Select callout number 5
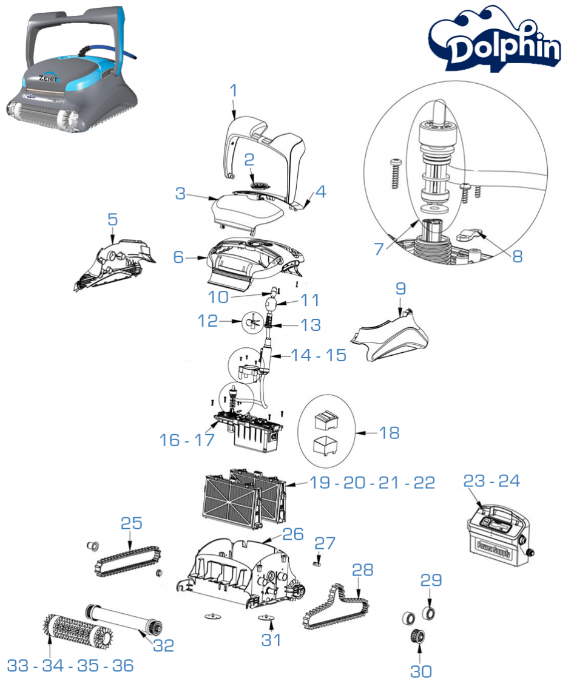pyautogui.click(x=112, y=219)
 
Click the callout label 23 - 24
pyautogui.click(x=491, y=480)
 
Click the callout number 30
pyautogui.click(x=421, y=671)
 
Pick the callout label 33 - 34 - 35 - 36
pyautogui.click(x=70, y=665)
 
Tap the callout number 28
pyautogui.click(x=362, y=569)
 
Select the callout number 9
pyautogui.click(x=400, y=288)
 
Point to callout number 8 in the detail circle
pyautogui.click(x=517, y=256)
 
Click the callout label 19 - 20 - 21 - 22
pyautogui.click(x=372, y=483)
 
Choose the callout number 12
pyautogui.click(x=208, y=321)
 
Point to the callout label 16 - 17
pyautogui.click(x=187, y=440)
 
